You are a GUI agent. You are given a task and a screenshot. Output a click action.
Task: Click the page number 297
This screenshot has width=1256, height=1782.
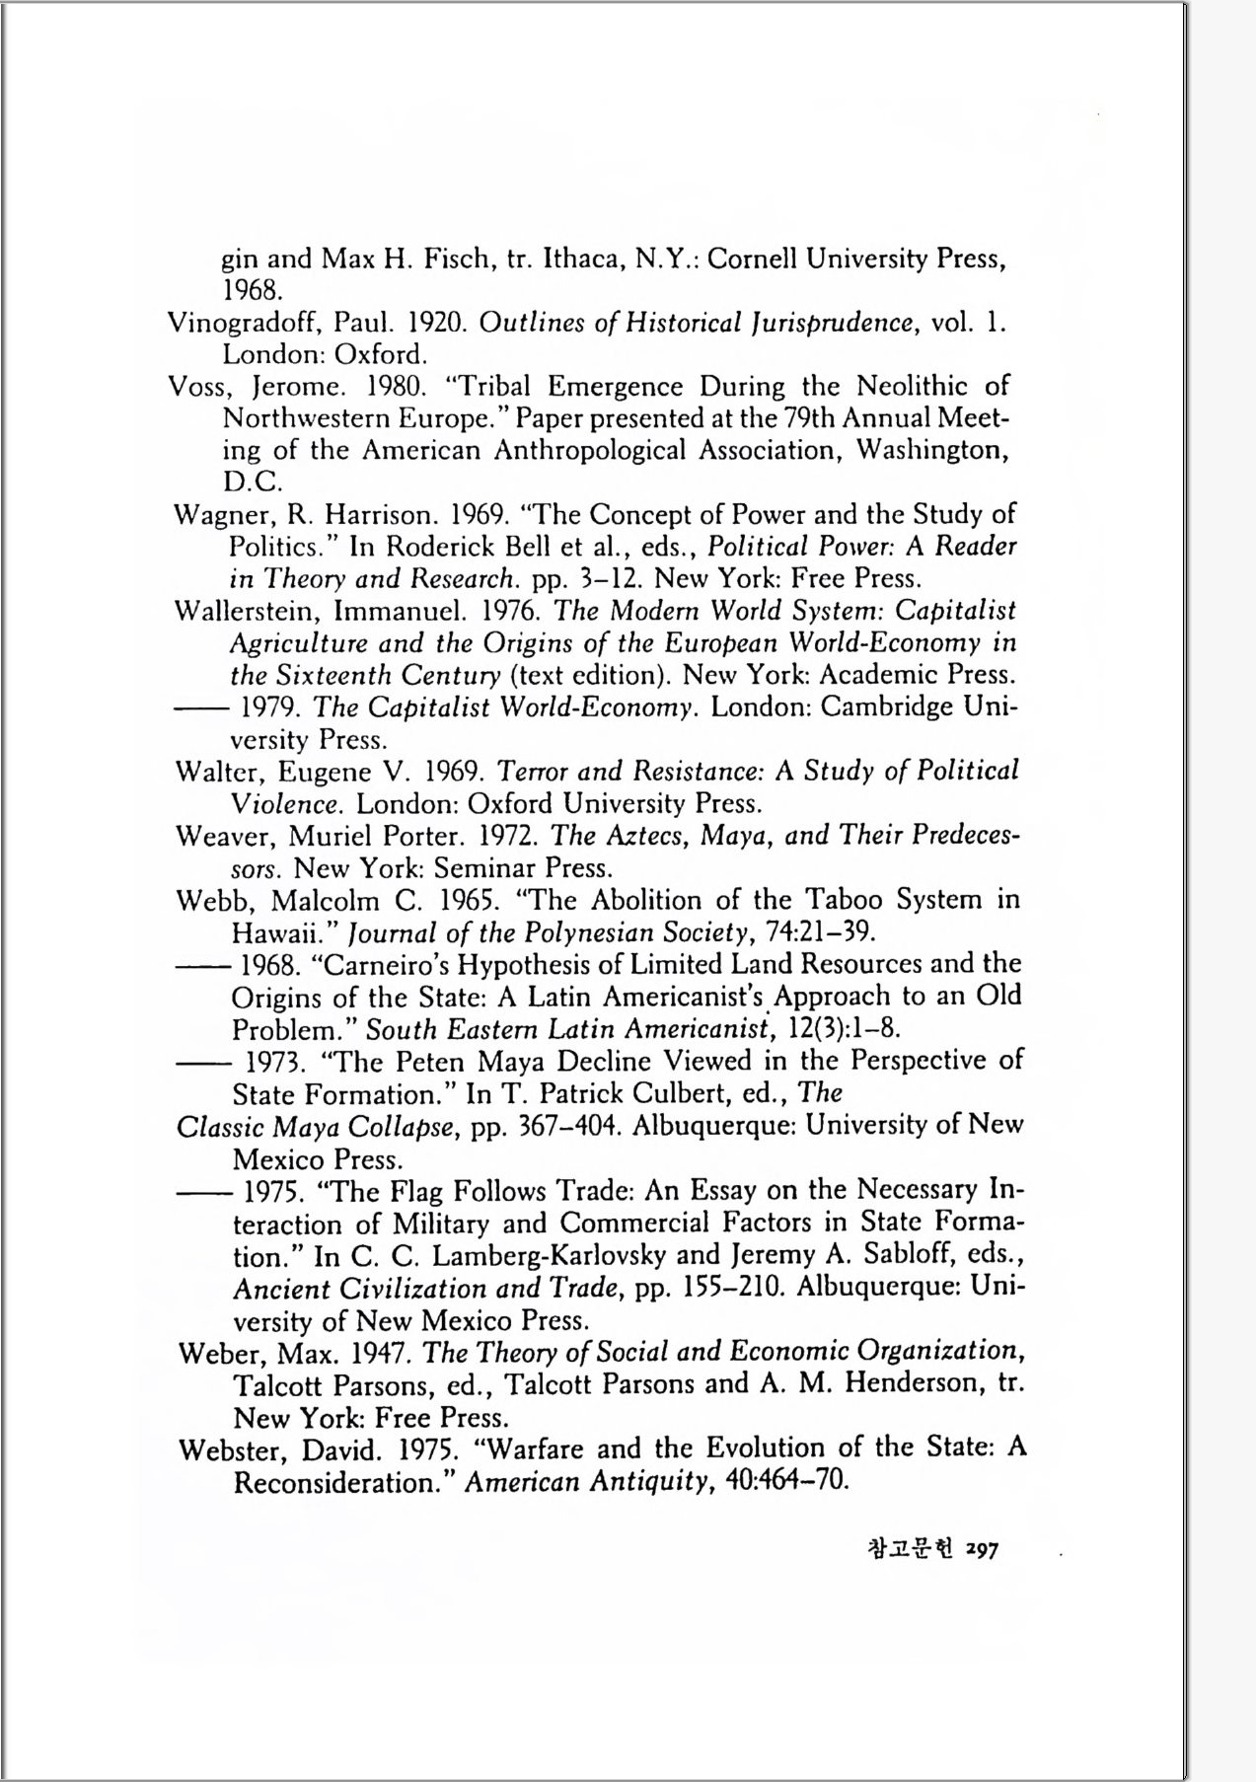(983, 1550)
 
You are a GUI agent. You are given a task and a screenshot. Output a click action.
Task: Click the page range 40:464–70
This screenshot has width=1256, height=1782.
(786, 1483)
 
